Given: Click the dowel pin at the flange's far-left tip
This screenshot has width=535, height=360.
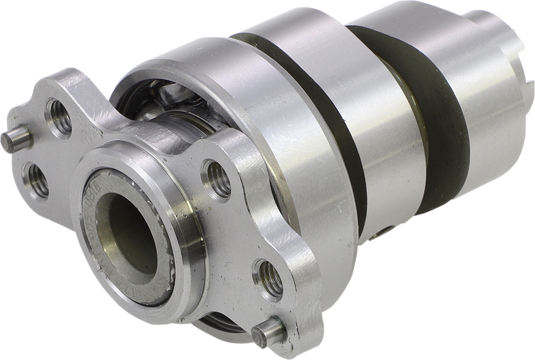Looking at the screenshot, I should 15,139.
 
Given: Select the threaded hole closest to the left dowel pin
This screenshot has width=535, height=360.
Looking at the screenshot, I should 58,117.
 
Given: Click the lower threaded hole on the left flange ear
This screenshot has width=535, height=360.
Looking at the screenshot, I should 36,181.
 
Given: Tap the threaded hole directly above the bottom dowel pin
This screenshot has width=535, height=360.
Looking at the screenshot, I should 268,279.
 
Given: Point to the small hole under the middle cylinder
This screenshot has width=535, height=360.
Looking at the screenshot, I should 381,233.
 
